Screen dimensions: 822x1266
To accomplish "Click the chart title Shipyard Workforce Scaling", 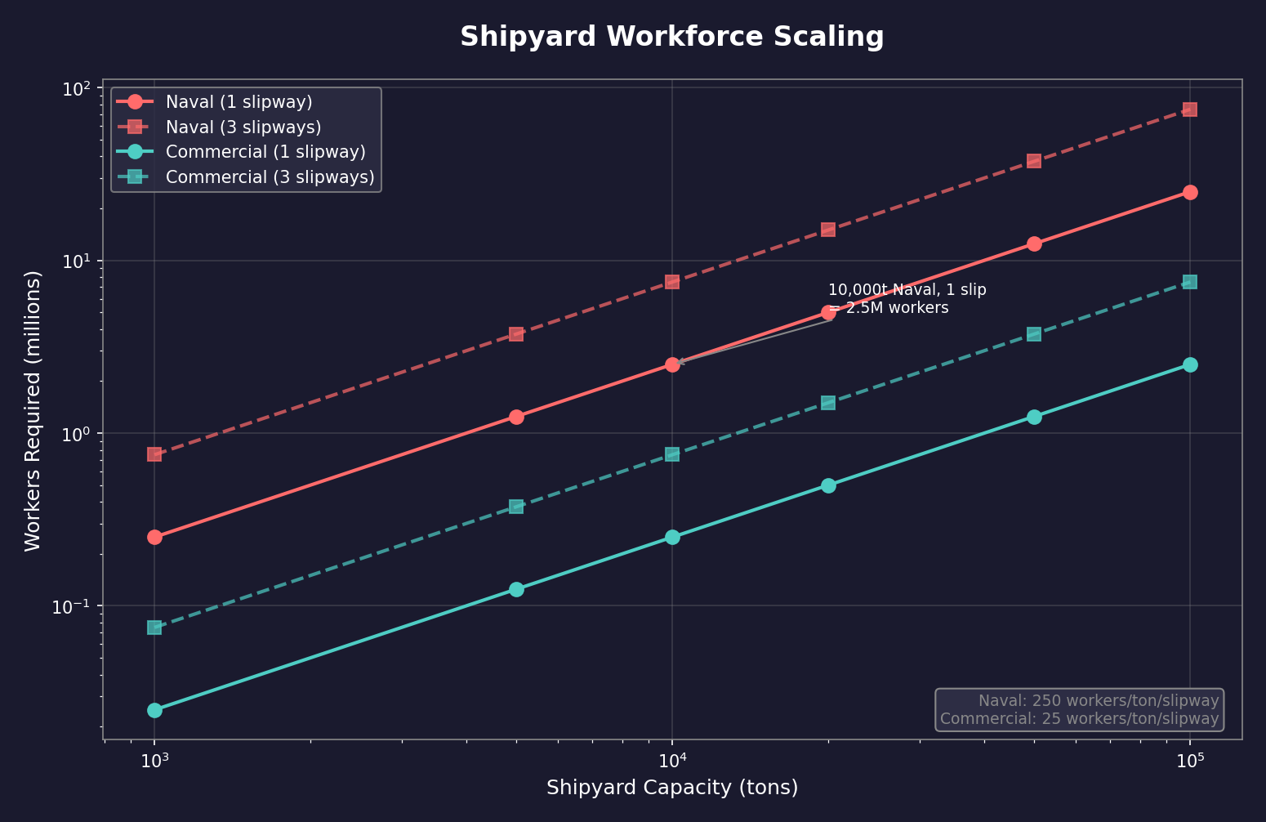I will pos(671,38).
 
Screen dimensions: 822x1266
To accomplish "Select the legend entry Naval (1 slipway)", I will pos(238,102).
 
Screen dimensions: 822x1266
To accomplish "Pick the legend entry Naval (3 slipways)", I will pos(243,127).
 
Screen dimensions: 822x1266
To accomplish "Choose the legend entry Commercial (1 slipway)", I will pos(265,152).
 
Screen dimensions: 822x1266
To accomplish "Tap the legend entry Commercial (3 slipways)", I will pos(270,177).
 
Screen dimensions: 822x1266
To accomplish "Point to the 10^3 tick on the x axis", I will pos(154,762).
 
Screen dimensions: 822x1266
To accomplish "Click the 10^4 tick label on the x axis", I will pos(672,762).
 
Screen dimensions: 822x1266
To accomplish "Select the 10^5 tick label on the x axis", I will pos(1190,762).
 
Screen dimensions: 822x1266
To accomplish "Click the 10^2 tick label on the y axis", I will pos(75,88).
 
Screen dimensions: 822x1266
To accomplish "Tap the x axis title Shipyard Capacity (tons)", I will pos(671,788).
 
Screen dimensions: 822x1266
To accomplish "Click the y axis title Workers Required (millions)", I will pos(33,411).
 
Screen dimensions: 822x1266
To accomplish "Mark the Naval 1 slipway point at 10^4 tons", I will pos(672,364).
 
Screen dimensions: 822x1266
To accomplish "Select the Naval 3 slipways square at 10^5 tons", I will pos(1190,109).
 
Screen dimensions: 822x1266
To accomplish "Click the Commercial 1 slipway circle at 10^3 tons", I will pos(154,710).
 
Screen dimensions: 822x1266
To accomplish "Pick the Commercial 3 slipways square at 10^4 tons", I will pos(672,454).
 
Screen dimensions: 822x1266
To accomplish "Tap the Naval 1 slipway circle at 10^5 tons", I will pos(1190,192).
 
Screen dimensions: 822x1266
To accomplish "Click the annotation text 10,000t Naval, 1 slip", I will pos(907,290).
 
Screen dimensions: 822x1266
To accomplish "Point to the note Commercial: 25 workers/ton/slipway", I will pos(1079,719).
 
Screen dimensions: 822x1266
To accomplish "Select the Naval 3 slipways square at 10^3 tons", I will pos(154,454).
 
